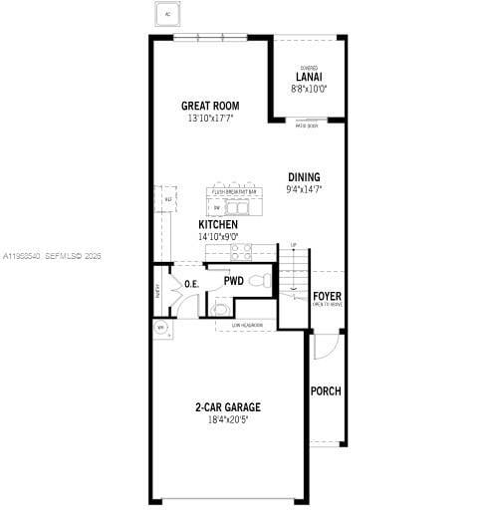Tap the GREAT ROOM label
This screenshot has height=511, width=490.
tap(210, 106)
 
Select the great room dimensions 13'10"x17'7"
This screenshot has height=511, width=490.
tap(210, 119)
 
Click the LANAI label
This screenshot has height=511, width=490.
tap(309, 77)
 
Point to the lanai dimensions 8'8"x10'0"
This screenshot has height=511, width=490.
tap(309, 89)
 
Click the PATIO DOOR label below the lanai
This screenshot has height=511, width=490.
tap(307, 126)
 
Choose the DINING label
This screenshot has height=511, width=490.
tap(304, 177)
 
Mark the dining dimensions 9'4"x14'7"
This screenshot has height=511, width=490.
tap(304, 189)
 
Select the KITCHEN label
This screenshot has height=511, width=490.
tap(218, 225)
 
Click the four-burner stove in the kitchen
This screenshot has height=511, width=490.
tap(241, 253)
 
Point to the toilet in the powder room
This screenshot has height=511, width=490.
tap(262, 282)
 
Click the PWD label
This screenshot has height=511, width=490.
tap(233, 282)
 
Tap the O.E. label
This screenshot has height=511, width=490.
tap(192, 285)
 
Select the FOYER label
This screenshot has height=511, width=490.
tap(327, 296)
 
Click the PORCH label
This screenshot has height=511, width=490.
tap(326, 390)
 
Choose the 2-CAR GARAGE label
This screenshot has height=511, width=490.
tap(228, 407)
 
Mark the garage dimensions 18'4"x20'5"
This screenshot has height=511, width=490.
tap(228, 420)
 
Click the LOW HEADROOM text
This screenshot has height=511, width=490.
tap(247, 325)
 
